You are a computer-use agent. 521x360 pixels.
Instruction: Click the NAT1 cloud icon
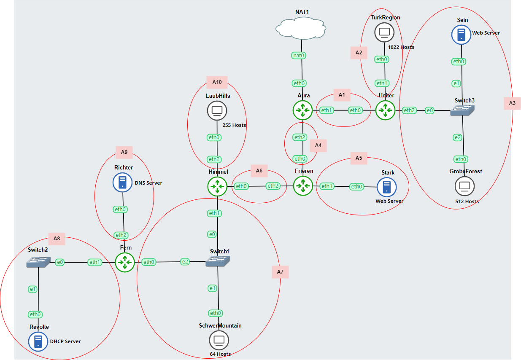point(301,29)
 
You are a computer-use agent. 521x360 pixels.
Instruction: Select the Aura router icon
point(303,110)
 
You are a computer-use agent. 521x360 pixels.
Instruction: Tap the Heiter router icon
point(385,110)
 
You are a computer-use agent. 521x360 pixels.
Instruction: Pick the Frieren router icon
point(303,186)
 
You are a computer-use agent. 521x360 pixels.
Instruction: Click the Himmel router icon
point(217,186)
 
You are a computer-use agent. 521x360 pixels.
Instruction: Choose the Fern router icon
point(125,262)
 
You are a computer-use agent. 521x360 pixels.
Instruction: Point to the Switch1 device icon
point(218,261)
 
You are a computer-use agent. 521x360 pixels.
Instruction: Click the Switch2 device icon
point(38,262)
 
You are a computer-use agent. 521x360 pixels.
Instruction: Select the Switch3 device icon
point(462,110)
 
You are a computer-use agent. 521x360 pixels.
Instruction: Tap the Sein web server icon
point(461,34)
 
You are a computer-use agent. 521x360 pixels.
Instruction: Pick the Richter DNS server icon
point(122,183)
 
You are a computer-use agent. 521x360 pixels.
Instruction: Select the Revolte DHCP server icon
point(38,341)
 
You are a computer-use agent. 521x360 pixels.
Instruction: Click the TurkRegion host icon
point(384,32)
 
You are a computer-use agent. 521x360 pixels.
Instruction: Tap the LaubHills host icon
point(217,111)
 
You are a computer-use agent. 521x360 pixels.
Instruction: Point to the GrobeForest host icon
point(464,186)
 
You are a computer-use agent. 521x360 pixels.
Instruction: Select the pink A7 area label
point(280,272)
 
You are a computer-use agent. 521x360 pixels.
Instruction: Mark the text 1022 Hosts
point(401,47)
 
